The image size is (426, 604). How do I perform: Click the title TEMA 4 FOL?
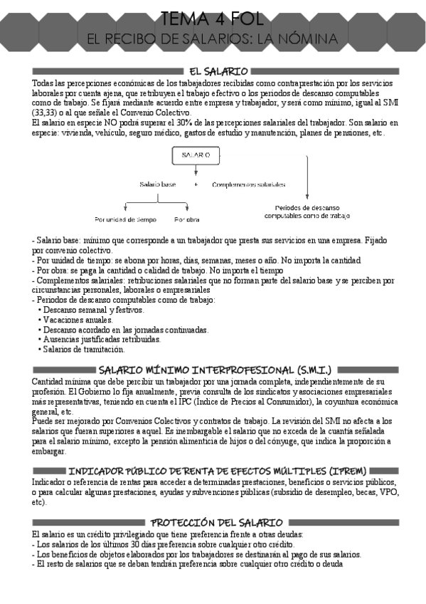(213, 17)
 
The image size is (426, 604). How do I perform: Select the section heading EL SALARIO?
(218, 72)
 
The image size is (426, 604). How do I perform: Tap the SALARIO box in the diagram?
(196, 155)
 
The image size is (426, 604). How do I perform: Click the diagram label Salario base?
(157, 184)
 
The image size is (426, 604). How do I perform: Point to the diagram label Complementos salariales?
(249, 184)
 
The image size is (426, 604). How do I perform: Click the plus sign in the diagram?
(195, 184)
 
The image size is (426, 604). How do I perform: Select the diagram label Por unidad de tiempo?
(126, 219)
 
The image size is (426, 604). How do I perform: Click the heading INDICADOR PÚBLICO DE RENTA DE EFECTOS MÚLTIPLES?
(218, 472)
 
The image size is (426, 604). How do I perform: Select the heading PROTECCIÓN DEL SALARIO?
(218, 523)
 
